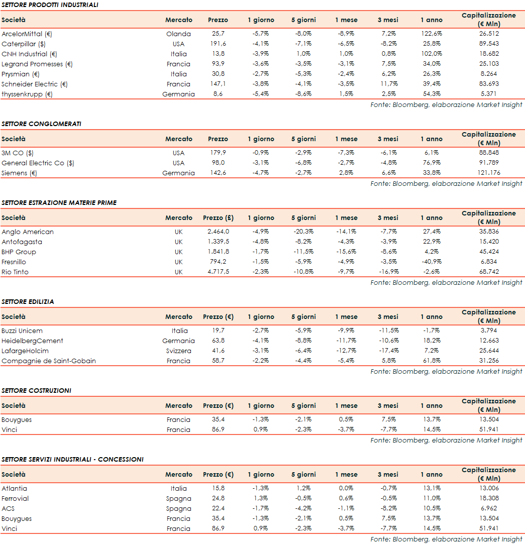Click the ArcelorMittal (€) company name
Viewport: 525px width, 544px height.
coord(27,34)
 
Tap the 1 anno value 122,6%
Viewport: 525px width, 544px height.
coord(431,34)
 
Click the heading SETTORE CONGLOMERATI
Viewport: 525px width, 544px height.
coord(41,124)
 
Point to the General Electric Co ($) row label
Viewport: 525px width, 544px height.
coord(38,163)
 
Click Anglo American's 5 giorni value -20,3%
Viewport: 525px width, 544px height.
coord(303,232)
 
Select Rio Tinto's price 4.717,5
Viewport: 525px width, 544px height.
coord(218,272)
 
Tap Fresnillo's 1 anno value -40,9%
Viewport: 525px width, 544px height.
coord(431,262)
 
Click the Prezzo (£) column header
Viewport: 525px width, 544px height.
coord(218,218)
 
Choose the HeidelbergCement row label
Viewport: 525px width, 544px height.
coord(32,341)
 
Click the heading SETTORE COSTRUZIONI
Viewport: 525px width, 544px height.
coord(36,390)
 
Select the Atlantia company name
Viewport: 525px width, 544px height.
coord(15,488)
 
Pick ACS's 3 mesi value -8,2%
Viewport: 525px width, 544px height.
coord(388,508)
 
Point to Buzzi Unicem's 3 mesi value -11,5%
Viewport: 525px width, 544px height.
coord(388,331)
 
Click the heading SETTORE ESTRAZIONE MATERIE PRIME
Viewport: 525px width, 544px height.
coord(59,202)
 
